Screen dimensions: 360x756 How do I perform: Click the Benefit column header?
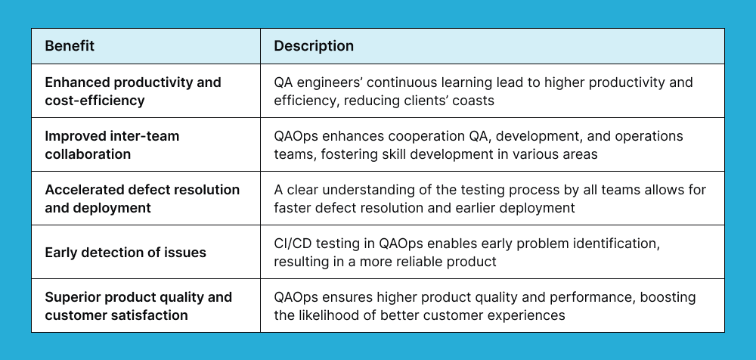[x=70, y=46]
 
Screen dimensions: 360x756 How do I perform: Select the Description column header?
[x=314, y=46]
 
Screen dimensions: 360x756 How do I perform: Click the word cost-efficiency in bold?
[x=94, y=100]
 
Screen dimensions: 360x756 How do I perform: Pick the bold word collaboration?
[x=88, y=154]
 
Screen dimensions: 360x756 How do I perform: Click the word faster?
[x=295, y=207]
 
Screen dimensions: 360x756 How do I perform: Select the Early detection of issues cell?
[x=125, y=253]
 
